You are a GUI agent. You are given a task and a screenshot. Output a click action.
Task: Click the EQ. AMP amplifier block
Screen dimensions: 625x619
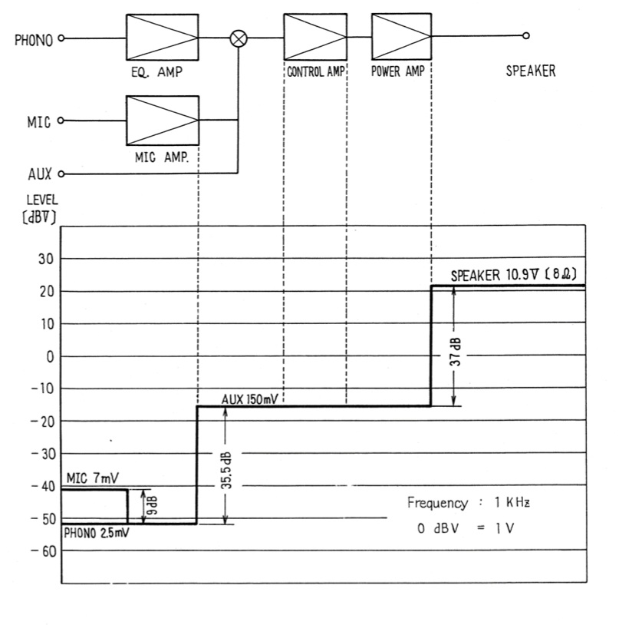coord(162,37)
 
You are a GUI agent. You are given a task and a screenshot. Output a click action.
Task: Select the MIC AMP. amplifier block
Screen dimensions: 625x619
coord(162,120)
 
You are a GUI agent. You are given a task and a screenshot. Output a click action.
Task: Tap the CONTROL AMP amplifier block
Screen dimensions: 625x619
coord(314,37)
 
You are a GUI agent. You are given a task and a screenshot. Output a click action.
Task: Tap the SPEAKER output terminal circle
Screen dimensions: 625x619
coord(525,36)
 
